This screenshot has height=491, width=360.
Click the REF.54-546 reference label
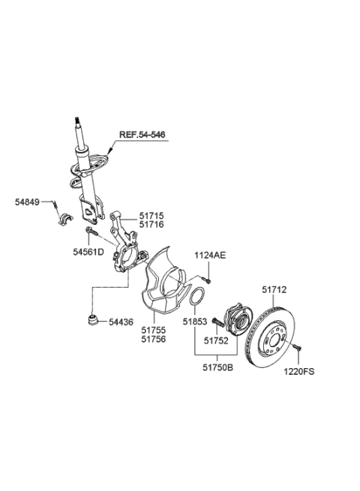141,135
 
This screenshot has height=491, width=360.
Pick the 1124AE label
210,256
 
